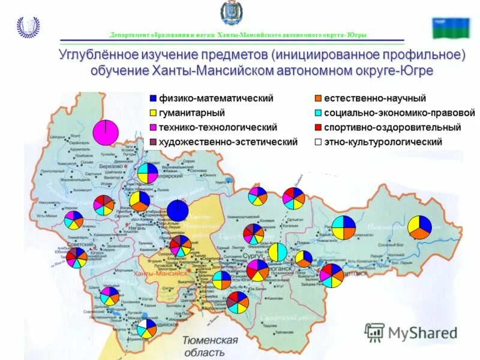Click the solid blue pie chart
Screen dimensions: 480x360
coord(178,211)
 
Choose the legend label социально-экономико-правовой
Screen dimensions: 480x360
coord(399,113)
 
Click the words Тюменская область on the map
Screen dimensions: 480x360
coord(211,346)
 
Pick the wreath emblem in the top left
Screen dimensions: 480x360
coord(28,27)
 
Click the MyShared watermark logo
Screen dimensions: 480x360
coord(411,332)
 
